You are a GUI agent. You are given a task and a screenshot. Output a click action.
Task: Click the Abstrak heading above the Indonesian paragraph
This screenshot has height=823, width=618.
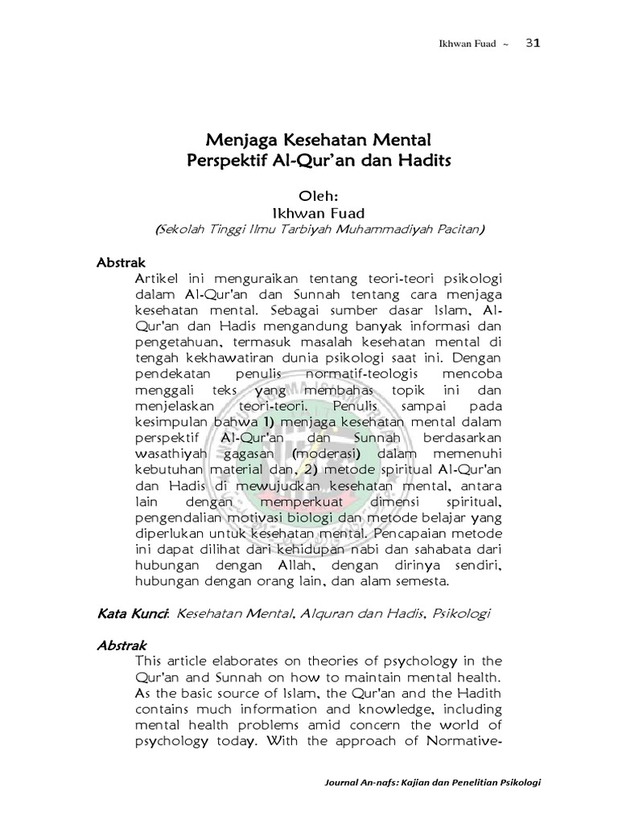119,263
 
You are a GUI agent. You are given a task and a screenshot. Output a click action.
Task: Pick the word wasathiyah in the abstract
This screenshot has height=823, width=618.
171,455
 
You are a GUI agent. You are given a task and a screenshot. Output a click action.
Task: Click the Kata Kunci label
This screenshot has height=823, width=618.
133,614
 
